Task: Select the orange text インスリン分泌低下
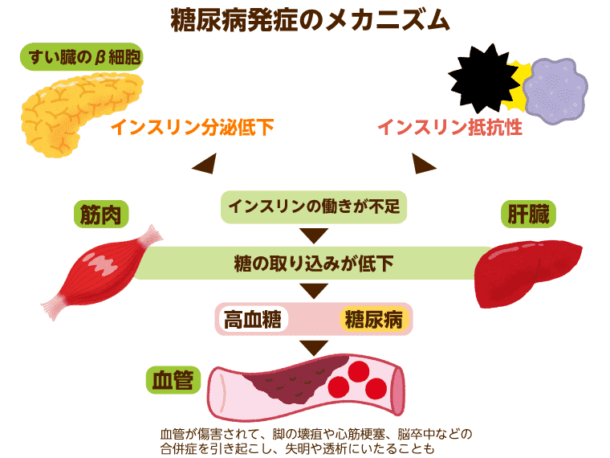192,127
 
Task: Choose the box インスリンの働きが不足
314,207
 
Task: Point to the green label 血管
172,379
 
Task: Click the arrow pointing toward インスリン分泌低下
202,165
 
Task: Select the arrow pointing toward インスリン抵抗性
424,165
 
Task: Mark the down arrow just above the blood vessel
314,347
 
